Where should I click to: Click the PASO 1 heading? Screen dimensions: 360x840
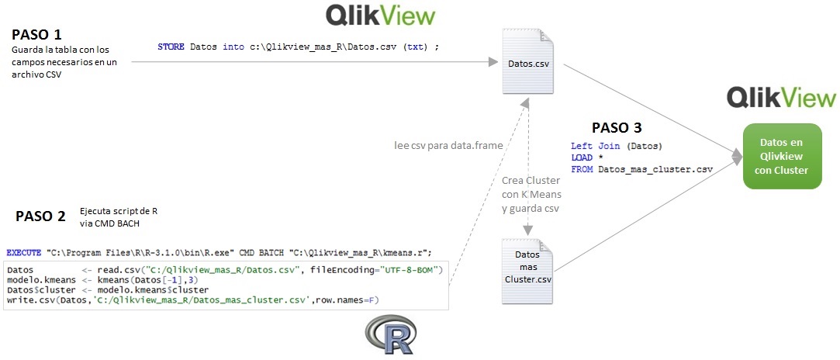(x=36, y=35)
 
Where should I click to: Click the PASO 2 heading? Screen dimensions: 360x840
(x=40, y=217)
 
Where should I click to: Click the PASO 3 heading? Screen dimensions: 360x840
(x=617, y=128)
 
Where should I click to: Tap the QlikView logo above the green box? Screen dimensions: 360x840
(x=781, y=98)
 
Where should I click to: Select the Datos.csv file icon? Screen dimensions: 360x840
(x=528, y=63)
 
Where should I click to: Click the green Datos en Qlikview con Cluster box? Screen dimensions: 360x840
(x=783, y=156)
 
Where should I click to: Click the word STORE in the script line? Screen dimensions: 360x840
(x=171, y=47)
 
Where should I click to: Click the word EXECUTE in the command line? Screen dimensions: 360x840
(x=24, y=253)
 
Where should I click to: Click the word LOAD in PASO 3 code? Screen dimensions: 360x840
(x=582, y=157)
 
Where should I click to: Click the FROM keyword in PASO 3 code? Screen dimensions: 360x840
(x=582, y=168)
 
